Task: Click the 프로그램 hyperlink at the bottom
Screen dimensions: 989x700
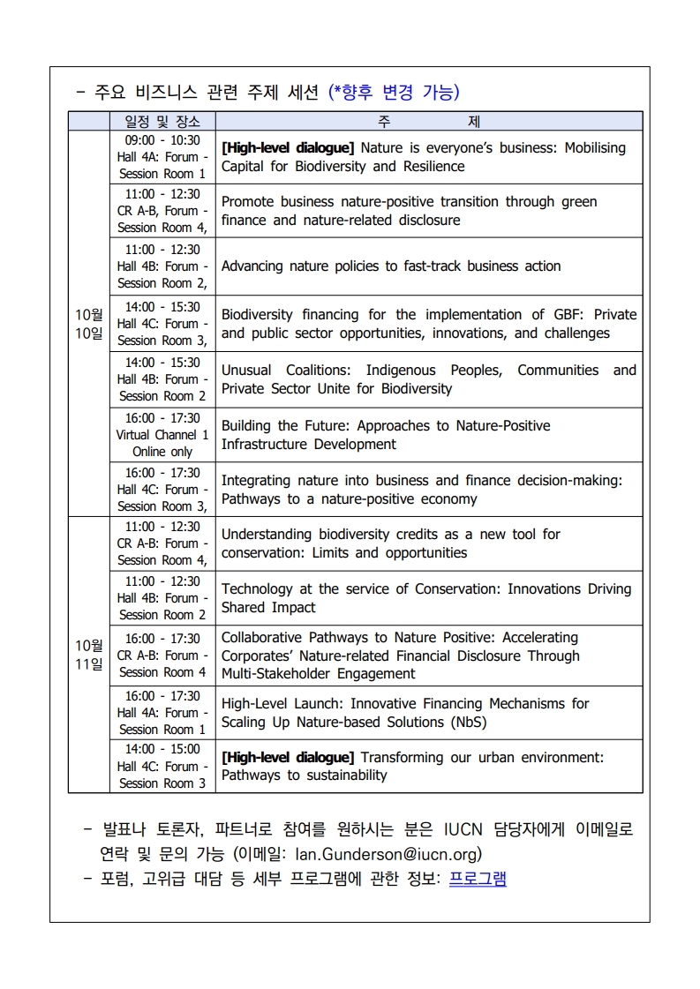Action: coord(478,879)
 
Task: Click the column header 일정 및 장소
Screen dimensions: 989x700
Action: coord(162,122)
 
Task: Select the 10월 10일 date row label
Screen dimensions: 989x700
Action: coord(88,324)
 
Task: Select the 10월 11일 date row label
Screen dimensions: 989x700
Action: coord(88,655)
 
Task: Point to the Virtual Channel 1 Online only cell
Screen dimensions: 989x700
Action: coord(162,435)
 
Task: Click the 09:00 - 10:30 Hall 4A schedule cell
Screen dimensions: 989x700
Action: coord(162,157)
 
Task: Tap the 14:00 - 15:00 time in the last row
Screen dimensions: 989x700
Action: coord(162,749)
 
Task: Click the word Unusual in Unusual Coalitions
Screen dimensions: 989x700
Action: coord(246,371)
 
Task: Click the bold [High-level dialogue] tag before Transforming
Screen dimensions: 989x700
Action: coord(288,757)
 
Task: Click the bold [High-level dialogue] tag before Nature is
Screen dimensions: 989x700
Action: coord(288,148)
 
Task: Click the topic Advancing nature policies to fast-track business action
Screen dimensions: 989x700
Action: coord(391,266)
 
